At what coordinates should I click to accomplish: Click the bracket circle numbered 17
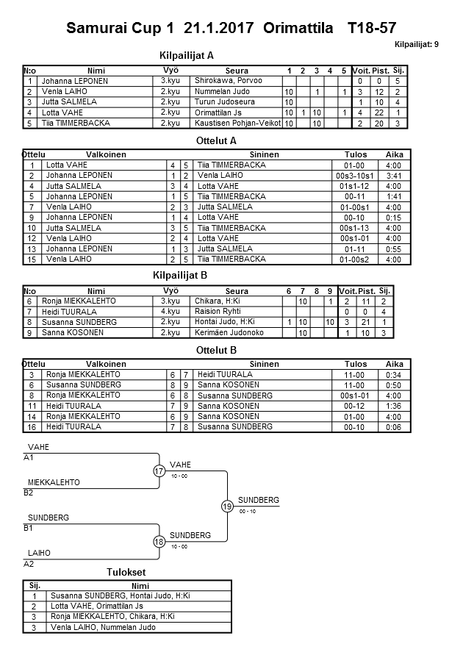159,471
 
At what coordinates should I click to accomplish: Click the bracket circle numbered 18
159,541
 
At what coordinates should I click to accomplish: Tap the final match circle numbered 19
227,506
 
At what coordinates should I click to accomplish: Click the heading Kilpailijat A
187,55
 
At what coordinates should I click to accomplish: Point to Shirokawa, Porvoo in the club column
228,81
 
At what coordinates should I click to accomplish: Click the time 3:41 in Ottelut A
394,176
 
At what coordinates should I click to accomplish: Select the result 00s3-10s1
355,176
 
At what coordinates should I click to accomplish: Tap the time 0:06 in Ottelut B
394,426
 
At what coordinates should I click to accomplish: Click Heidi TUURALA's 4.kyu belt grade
170,312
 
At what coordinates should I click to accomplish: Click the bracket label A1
29,457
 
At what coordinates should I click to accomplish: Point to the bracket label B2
29,492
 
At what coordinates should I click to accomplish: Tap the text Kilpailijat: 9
417,44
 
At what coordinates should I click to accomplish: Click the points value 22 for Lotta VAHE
379,112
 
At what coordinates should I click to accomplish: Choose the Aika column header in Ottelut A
394,155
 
